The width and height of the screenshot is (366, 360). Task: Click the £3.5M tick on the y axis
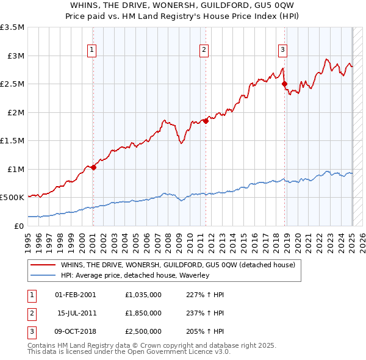click(13, 27)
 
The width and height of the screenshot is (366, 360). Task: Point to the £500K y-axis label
click(13, 198)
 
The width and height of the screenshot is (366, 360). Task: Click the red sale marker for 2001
click(93, 167)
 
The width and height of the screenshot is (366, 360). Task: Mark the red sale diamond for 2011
click(206, 121)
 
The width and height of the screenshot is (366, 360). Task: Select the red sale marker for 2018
click(285, 84)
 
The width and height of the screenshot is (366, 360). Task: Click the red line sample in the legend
click(43, 265)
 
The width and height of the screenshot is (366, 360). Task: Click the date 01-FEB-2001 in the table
click(76, 295)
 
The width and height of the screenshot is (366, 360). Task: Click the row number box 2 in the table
click(31, 313)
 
